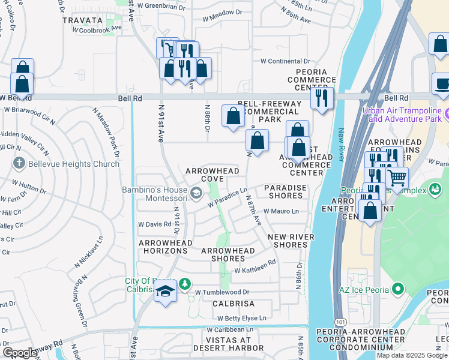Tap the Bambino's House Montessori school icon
[x=196, y=193]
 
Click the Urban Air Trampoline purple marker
[x=447, y=113]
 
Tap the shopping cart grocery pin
[x=397, y=177]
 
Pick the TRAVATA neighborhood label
[x=83, y=20]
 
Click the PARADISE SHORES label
[x=285, y=191]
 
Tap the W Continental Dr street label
[x=285, y=61]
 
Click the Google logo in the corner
[x=19, y=353]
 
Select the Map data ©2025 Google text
[x=411, y=355]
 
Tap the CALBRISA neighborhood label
[x=234, y=304]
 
